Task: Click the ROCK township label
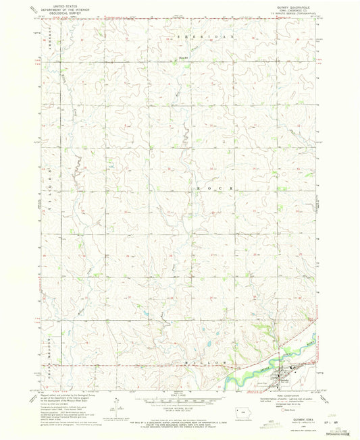[x=209, y=187]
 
